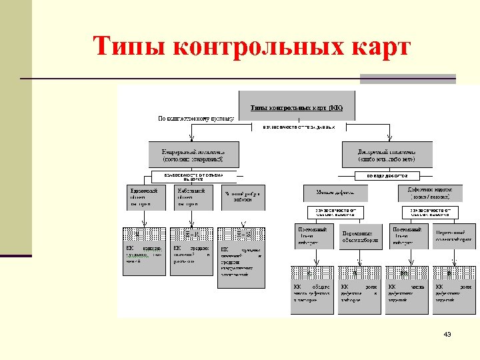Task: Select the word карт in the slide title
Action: click(x=377, y=48)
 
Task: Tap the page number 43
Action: click(x=447, y=334)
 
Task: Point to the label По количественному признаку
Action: click(x=195, y=119)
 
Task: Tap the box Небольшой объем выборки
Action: click(x=191, y=197)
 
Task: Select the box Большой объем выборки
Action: click(x=242, y=197)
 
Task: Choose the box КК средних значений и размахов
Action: click(x=192, y=251)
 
